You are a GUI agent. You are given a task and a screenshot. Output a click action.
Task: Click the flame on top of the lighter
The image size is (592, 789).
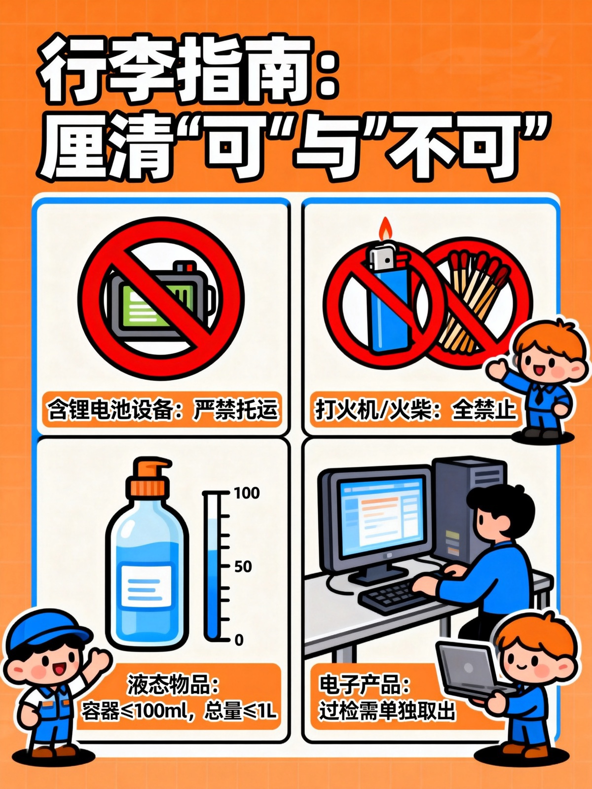coord(385,228)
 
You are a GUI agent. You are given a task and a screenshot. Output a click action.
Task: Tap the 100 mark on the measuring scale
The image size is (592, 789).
coord(246,493)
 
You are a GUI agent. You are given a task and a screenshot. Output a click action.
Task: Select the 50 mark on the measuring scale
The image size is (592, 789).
coord(243,566)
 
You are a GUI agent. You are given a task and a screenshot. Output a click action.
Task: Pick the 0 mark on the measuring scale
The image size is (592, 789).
coord(239,640)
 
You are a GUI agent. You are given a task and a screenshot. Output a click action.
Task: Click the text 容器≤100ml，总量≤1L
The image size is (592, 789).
coord(179,712)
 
